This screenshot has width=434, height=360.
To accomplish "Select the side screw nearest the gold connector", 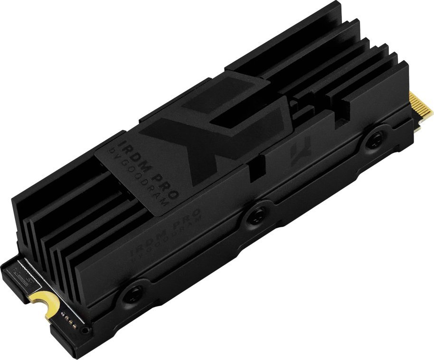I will coord(375,138).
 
